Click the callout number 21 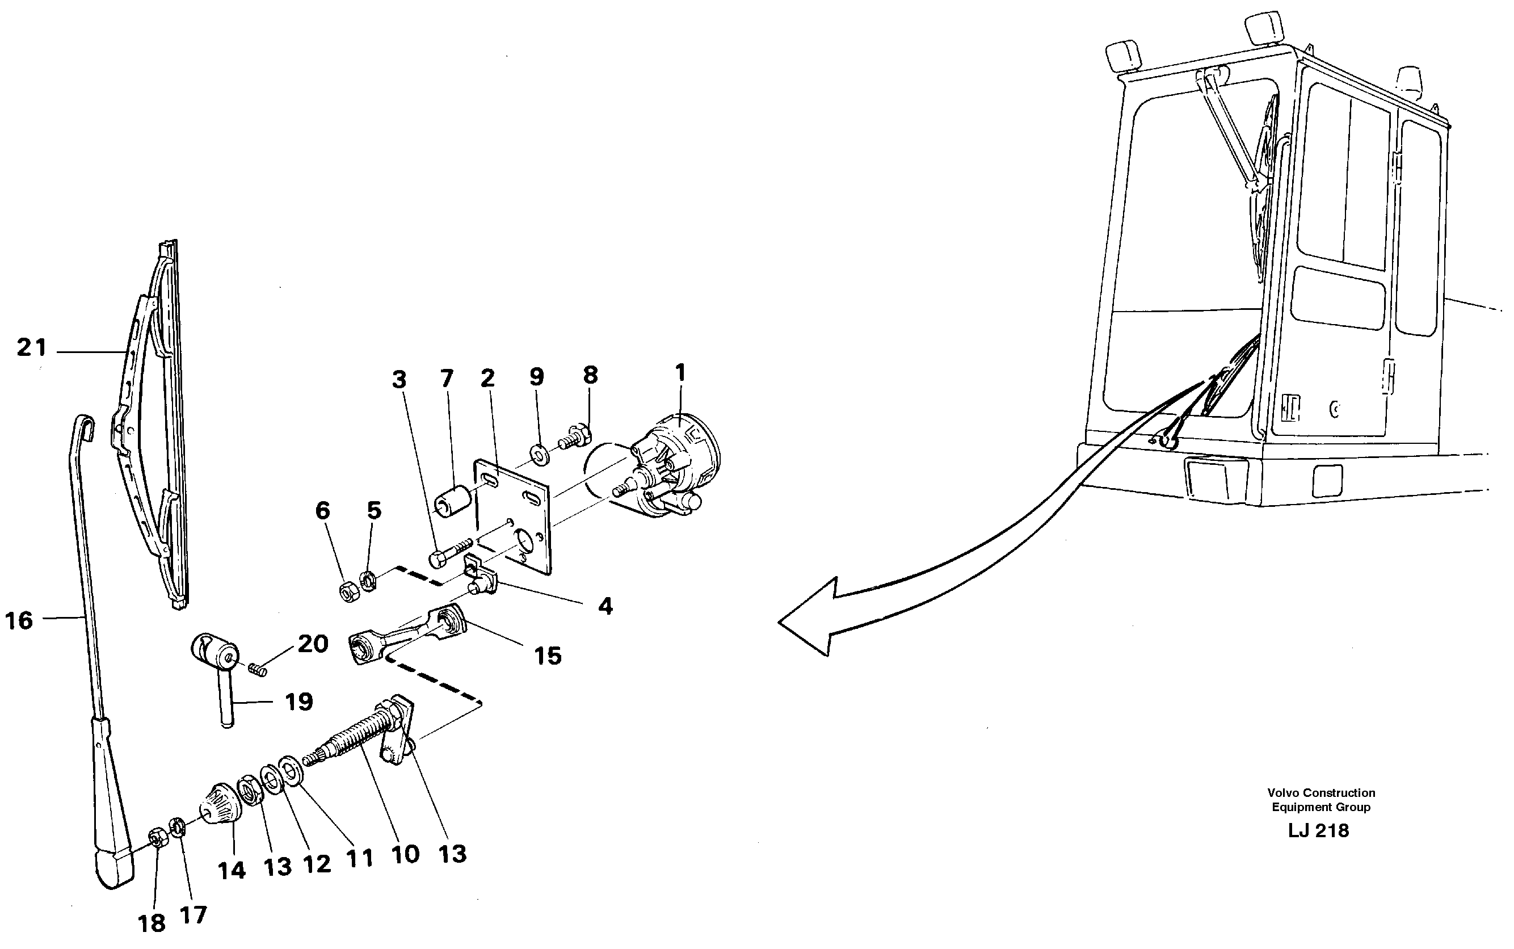click(x=31, y=347)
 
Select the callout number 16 click(x=19, y=620)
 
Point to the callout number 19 click(x=298, y=701)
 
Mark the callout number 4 click(x=605, y=606)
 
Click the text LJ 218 click(x=1318, y=830)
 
